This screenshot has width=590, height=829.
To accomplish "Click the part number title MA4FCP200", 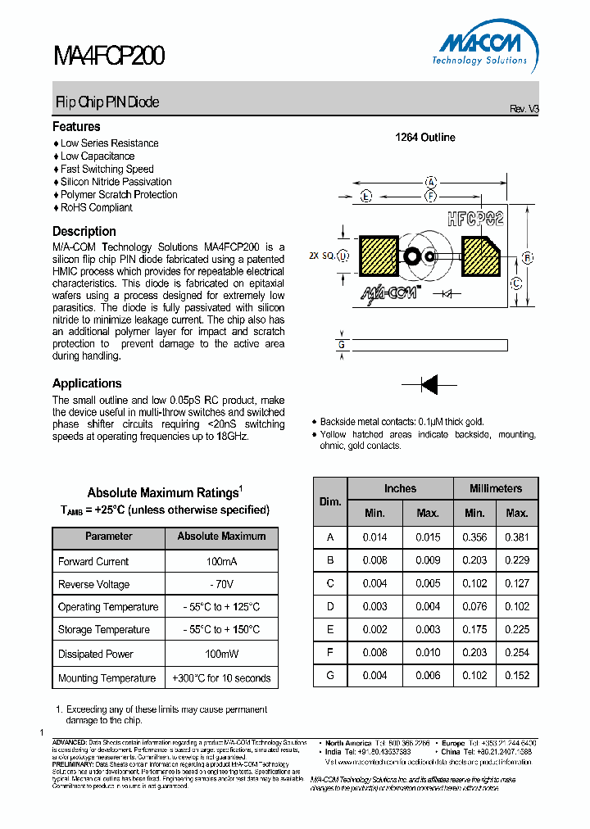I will tap(109, 56).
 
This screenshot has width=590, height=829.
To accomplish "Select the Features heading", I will tap(76, 127).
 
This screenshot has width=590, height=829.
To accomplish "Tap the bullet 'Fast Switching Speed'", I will tap(107, 169).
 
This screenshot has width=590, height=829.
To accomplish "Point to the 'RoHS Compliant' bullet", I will tap(96, 207).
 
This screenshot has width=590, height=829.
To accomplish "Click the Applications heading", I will tap(87, 383).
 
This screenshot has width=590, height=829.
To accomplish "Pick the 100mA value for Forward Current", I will tap(221, 561).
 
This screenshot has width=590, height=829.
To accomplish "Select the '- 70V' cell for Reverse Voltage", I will tap(221, 584).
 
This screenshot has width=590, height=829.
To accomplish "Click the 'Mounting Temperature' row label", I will tap(107, 678).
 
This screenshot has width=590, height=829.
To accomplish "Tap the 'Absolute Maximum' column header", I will tap(221, 537).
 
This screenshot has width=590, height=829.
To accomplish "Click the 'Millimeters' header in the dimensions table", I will tap(496, 488).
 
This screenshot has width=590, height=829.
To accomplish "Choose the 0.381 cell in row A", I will tap(517, 537).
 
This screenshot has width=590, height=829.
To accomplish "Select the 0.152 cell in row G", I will tap(517, 676).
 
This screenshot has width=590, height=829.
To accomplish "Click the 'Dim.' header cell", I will tap(330, 501).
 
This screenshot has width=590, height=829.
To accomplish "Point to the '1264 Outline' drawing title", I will tap(425, 138).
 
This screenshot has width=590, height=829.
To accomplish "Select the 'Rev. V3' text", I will tap(524, 109).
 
